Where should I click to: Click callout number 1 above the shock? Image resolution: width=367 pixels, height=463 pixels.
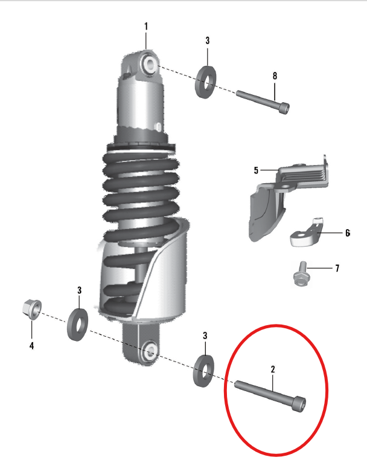coord(145,26)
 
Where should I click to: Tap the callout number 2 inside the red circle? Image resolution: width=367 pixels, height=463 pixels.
coord(273,368)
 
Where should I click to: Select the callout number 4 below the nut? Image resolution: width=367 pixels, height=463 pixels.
coord(31,346)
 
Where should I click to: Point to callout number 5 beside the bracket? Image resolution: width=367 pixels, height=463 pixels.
coord(256,170)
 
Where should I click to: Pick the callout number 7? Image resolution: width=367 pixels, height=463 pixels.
coord(337,268)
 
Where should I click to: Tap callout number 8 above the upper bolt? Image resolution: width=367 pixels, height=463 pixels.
coord(275,76)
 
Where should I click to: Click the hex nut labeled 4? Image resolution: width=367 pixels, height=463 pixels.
coord(30,309)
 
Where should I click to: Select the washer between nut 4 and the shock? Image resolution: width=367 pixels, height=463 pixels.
coord(77,324)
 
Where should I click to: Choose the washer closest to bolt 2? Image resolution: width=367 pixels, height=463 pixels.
coord(205,370)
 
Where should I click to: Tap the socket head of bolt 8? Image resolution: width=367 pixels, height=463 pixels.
coord(284,108)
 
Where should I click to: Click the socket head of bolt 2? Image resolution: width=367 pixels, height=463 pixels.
coord(299,404)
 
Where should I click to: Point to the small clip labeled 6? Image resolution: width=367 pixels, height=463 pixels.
coord(307,234)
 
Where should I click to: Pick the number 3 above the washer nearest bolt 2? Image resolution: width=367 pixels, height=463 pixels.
coord(205,335)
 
